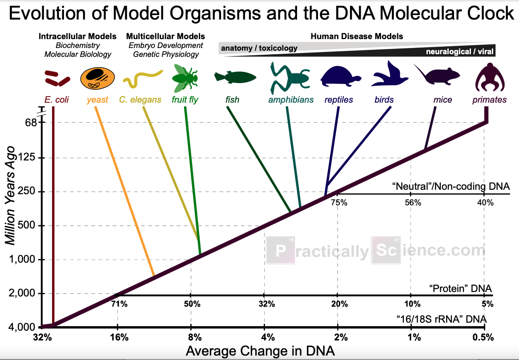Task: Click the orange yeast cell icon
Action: coord(97,79)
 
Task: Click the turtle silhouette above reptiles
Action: coord(338,77)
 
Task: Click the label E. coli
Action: coord(56,100)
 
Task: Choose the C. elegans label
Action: coord(140,100)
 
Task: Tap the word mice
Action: coord(439,100)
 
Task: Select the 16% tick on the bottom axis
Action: coord(117,337)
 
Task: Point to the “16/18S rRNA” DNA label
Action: coord(441,319)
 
